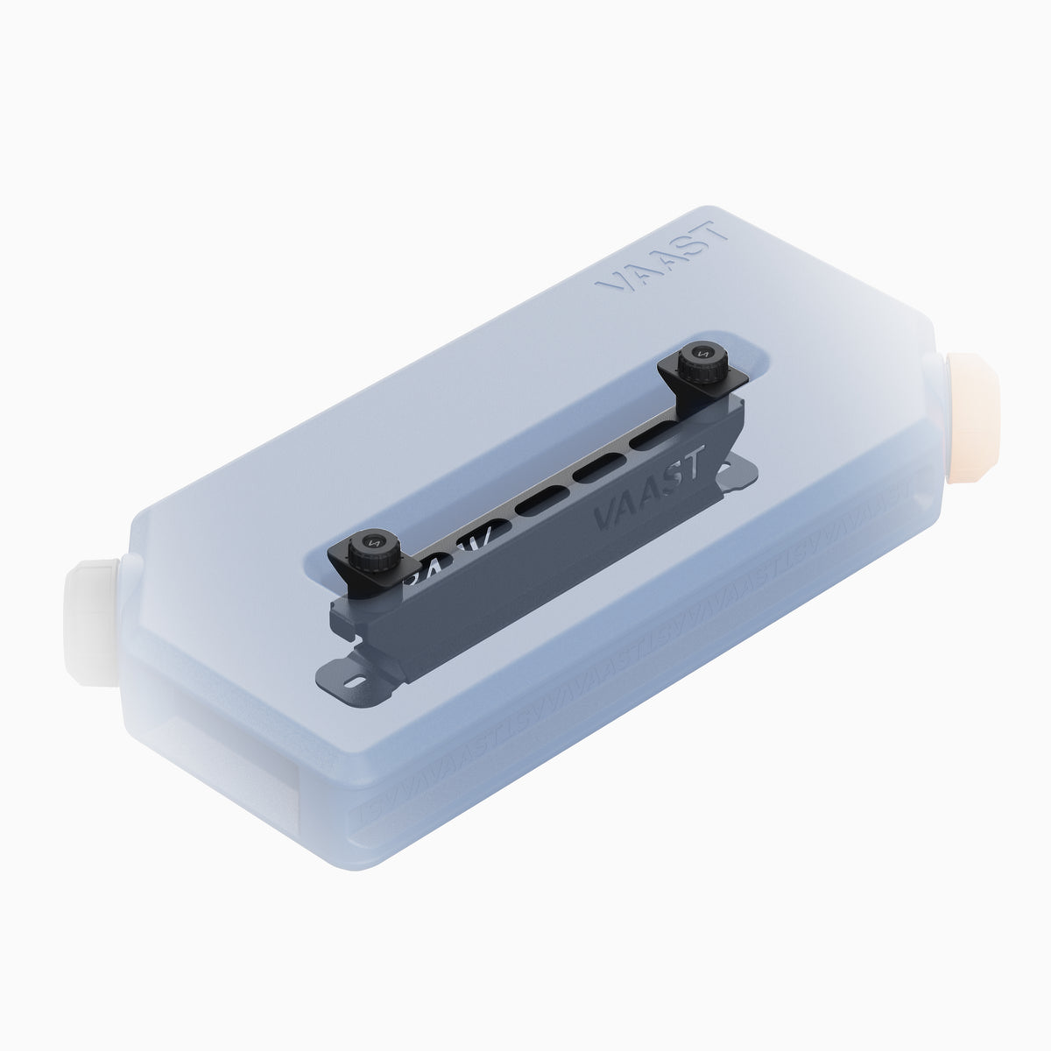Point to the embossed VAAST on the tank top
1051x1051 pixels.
click(660, 256)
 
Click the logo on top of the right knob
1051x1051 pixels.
click(701, 352)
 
